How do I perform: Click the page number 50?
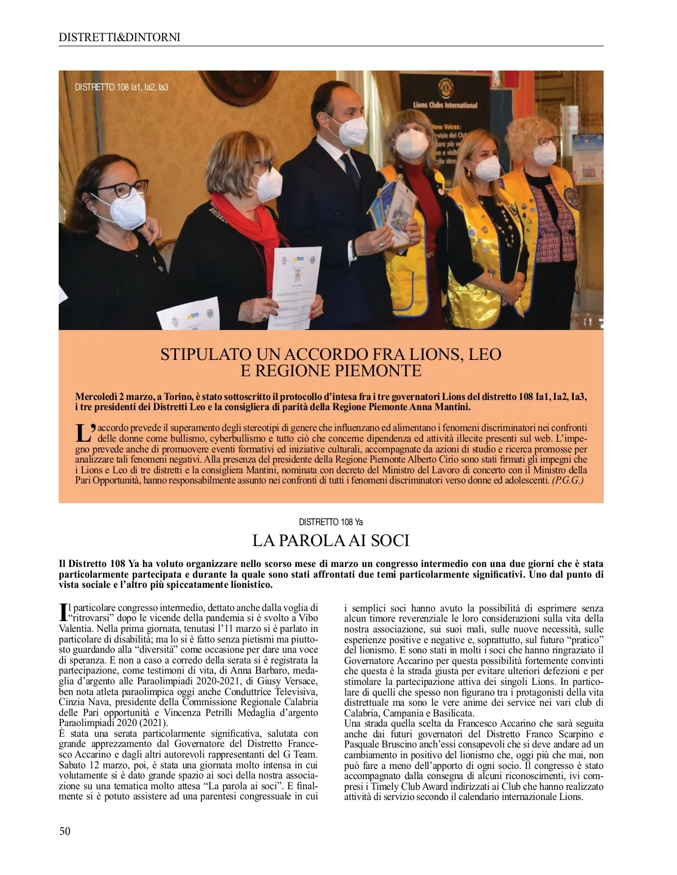click(65, 831)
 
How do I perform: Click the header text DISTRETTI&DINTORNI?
click(120, 37)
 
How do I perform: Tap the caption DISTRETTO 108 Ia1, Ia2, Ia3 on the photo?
click(122, 87)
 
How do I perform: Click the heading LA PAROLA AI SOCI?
click(331, 540)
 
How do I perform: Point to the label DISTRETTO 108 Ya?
click(331, 522)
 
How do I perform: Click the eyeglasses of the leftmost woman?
click(121, 189)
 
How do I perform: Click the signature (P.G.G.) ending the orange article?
click(568, 480)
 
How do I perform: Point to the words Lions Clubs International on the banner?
click(445, 105)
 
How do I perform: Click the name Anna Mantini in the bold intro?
click(440, 407)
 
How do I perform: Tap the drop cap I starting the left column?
click(63, 612)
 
